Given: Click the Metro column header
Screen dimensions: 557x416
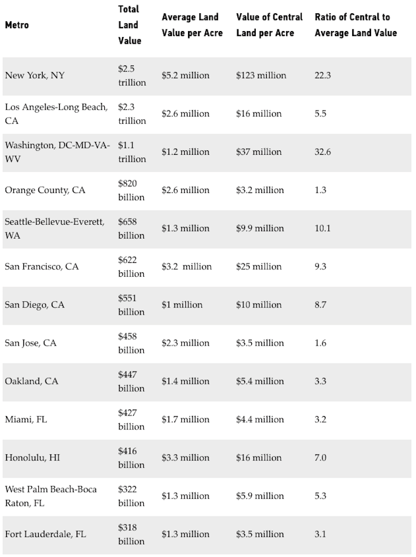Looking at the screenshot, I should (x=17, y=26).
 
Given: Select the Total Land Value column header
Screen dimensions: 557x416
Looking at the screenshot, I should (x=129, y=25).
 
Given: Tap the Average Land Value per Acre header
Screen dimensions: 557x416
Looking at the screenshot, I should (x=192, y=25).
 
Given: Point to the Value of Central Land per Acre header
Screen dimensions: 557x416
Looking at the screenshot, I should (x=269, y=25).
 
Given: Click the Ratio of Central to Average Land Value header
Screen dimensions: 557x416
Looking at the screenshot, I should (x=356, y=25).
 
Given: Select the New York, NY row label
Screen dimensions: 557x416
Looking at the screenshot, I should (x=34, y=75).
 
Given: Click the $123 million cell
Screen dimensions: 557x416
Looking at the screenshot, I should (x=261, y=75).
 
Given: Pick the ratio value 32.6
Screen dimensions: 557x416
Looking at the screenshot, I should (x=322, y=152).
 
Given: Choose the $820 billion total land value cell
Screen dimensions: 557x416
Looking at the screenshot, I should (x=131, y=190).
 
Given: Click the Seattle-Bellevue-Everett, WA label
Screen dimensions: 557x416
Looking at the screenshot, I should (x=54, y=229).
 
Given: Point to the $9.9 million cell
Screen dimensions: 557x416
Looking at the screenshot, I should (x=260, y=229).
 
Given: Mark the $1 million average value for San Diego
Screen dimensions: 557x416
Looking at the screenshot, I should (x=182, y=305).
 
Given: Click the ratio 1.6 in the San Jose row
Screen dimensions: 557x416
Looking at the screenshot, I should (x=320, y=343).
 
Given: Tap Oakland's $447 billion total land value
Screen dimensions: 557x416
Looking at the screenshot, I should (x=131, y=381).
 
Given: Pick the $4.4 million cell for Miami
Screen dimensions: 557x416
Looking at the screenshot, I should (x=260, y=419).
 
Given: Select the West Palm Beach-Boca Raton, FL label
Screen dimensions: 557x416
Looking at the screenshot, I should (x=50, y=496).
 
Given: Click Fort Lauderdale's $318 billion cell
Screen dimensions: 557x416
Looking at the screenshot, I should (x=131, y=534).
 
